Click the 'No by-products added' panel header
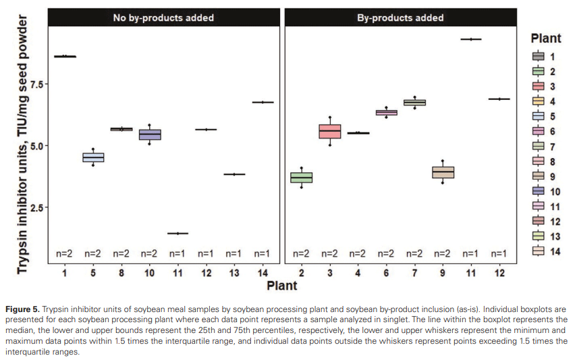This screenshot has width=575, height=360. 163,18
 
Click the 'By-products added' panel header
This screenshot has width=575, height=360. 400,18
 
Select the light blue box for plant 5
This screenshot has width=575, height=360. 93,157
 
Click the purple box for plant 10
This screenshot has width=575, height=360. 149,134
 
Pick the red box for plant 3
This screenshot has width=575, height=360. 330,132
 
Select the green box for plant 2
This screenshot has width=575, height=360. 302,178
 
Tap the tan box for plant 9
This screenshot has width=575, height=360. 443,172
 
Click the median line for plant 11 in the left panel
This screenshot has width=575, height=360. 177,233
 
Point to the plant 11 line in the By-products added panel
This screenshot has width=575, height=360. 470,39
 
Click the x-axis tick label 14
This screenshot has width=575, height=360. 262,274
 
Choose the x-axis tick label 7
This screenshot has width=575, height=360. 414,274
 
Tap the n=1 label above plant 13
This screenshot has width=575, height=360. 234,254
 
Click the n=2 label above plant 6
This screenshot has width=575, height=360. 386,254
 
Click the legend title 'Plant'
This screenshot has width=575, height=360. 546,38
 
